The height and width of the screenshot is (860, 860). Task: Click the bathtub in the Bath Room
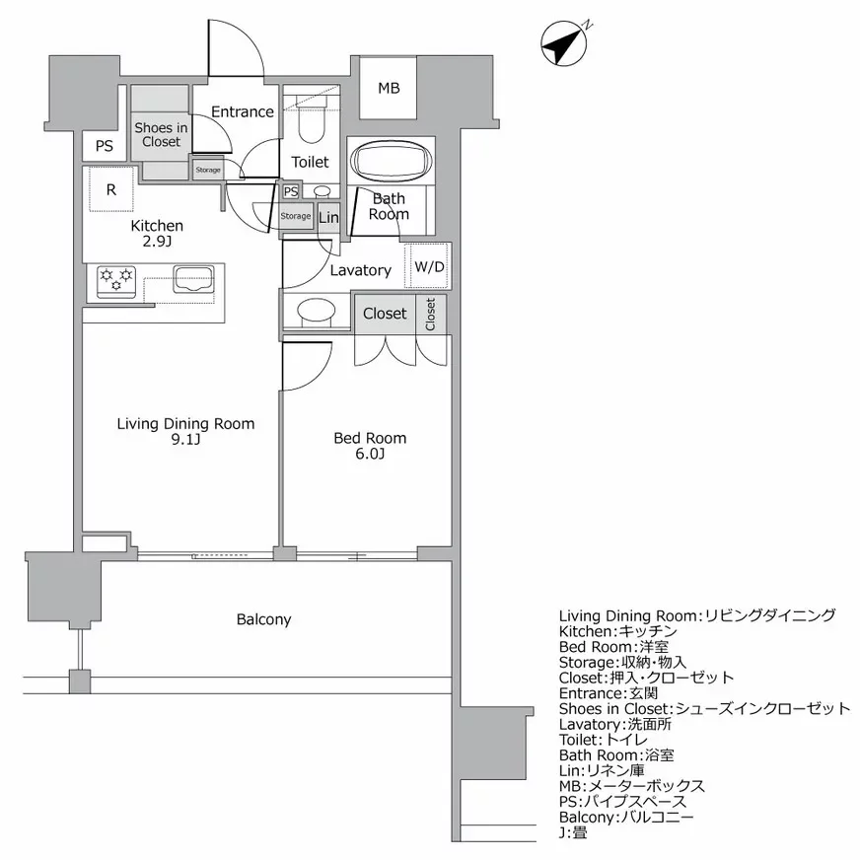389,162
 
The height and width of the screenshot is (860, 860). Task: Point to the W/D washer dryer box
429,266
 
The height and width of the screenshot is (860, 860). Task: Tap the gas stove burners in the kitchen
115,279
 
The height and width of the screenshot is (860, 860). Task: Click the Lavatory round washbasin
317,313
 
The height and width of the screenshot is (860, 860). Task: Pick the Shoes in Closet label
161,135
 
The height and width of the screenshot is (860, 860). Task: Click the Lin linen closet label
328,218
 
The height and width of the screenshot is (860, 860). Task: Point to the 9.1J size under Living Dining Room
185,441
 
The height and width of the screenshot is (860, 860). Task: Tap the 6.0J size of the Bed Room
370,455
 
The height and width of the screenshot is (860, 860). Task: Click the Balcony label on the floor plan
263,619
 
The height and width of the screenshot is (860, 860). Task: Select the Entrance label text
242,111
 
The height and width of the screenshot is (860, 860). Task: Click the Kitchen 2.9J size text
158,242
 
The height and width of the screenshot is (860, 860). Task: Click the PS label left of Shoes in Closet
104,146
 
